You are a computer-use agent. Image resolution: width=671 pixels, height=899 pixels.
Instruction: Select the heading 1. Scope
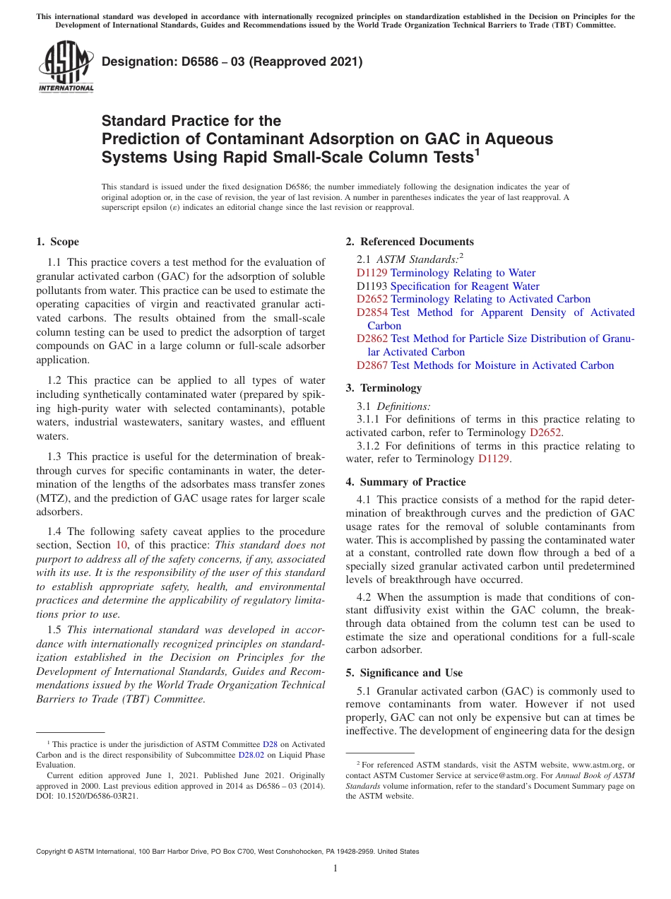(57, 242)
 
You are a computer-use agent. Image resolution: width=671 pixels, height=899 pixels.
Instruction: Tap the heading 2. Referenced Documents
(410, 242)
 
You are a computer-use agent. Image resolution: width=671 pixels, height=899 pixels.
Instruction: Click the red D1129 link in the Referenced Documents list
(372, 273)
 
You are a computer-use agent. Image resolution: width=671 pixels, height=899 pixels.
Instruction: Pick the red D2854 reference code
(372, 312)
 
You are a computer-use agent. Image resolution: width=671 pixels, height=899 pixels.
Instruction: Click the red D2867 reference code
(372, 365)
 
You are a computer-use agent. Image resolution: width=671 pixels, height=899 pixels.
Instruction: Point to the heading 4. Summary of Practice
(405, 482)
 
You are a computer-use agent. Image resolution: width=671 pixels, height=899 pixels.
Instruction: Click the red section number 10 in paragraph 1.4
(119, 545)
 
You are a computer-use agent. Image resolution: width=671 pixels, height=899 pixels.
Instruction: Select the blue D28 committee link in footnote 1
(270, 744)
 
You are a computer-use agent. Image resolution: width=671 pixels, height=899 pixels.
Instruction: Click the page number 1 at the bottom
(335, 869)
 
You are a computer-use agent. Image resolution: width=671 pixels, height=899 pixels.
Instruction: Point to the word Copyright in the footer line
(53, 852)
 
